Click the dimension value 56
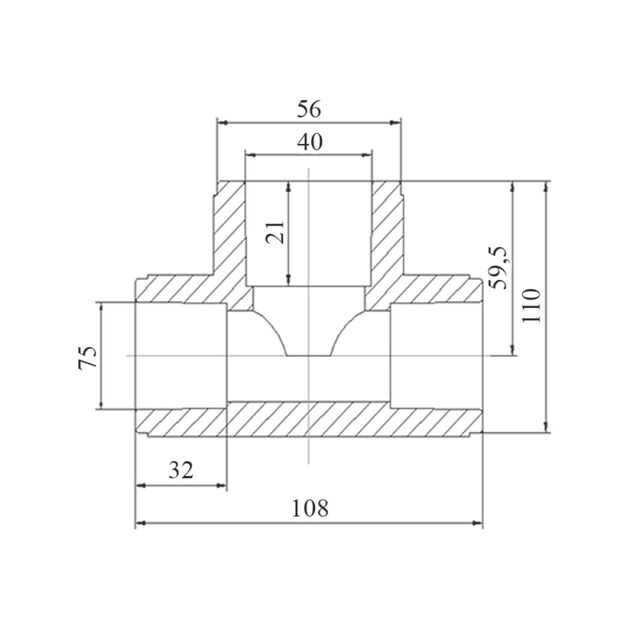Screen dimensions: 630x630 [309, 109]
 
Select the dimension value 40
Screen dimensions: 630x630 [310, 142]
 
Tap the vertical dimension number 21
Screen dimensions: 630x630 [276, 232]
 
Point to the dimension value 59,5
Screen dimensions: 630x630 [499, 268]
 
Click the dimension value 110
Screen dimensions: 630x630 [532, 305]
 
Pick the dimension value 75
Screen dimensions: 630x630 [88, 357]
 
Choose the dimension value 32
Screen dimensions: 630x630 [181, 470]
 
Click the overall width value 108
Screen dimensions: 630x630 [310, 508]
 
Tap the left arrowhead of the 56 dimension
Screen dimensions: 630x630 [222, 122]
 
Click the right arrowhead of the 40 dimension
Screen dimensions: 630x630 [367, 155]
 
